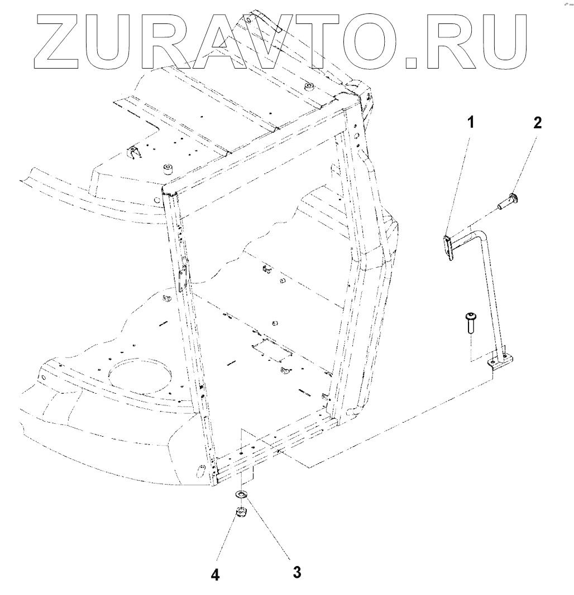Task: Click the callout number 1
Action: (470, 122)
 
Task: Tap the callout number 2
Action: (537, 123)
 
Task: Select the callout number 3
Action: (297, 572)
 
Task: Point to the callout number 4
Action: (215, 574)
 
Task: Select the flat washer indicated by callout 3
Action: (242, 494)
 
